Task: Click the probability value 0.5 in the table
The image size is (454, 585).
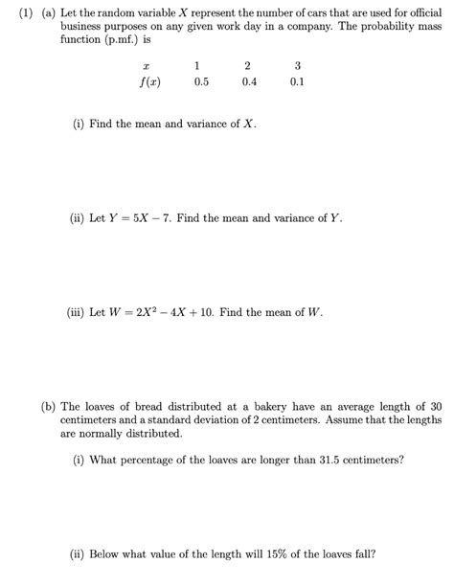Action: [200, 82]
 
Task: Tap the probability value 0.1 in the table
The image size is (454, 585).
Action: [298, 82]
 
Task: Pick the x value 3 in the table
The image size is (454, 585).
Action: [298, 66]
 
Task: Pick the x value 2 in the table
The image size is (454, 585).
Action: [249, 66]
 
